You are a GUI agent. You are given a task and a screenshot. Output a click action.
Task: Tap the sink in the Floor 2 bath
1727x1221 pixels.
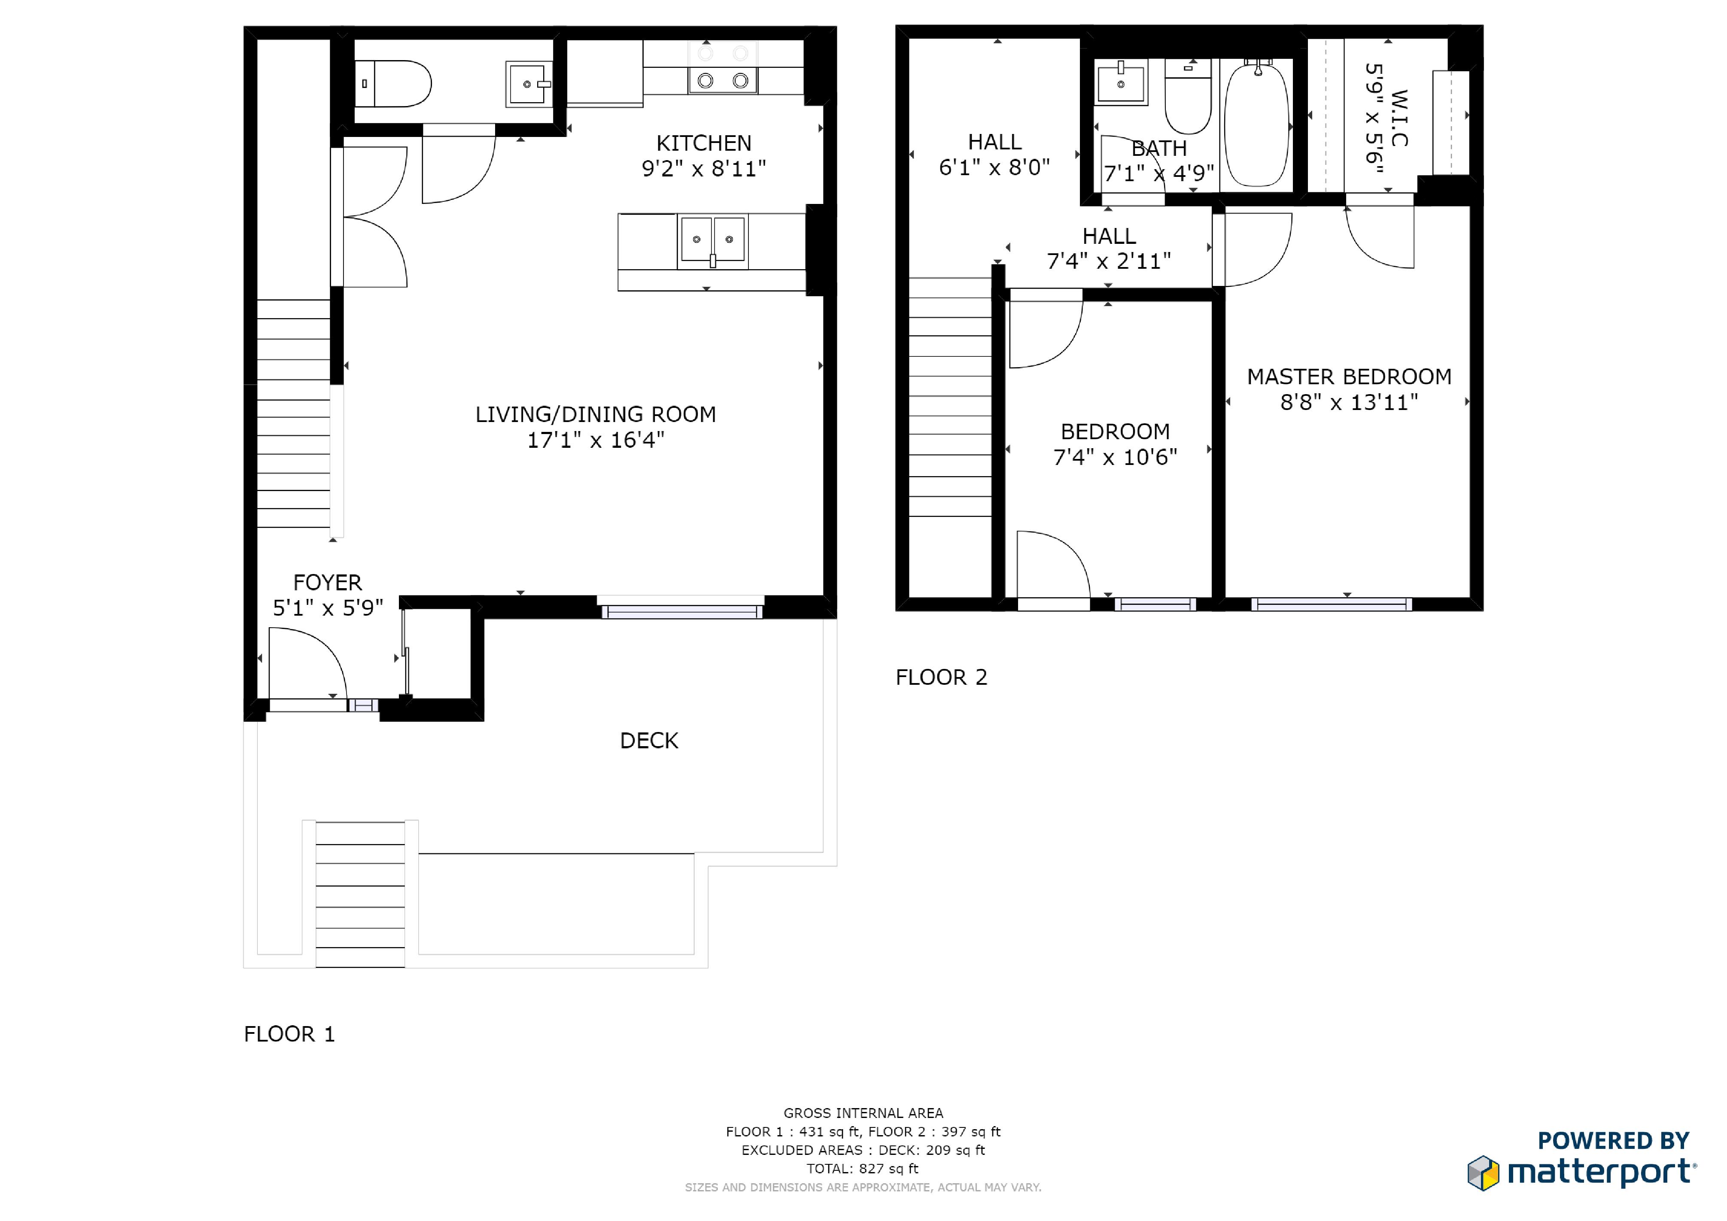point(1121,82)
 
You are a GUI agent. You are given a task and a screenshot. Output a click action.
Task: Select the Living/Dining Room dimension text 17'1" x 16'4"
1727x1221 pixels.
point(596,440)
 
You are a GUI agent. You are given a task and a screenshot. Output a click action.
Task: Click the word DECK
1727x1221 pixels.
point(649,741)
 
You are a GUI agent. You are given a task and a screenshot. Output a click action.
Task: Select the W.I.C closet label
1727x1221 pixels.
point(1399,118)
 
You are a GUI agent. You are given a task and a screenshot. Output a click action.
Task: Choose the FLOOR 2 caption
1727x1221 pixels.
point(941,677)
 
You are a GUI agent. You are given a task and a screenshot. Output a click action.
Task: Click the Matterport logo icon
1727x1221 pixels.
point(1483,1173)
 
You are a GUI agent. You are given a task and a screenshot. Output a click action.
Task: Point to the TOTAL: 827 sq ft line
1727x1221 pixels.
point(863,1168)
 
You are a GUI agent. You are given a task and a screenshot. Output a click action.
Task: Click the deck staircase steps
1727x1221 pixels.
point(360,895)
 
